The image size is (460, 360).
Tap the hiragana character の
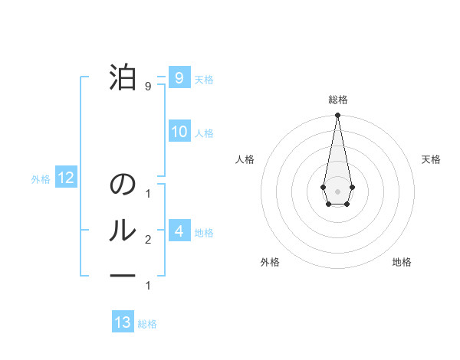[x=123, y=185]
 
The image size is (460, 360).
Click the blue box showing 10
[x=179, y=131]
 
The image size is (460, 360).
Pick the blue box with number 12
[x=65, y=178]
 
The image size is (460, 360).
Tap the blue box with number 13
[x=123, y=322]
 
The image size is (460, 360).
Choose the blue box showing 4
[x=179, y=231]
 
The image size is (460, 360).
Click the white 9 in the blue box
[x=179, y=77]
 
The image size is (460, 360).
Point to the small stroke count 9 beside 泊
[x=148, y=87]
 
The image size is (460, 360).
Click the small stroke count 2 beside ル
[x=148, y=240]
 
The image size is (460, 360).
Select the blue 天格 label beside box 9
[x=204, y=80]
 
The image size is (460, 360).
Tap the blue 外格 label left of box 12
[x=41, y=179]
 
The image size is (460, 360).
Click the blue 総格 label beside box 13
[x=147, y=324]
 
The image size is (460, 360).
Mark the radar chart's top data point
[x=337, y=115]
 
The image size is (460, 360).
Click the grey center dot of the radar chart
[x=337, y=191]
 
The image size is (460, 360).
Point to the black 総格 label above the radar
[x=337, y=100]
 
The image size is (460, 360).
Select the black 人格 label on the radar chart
[x=245, y=159]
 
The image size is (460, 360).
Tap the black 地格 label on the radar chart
[x=402, y=262]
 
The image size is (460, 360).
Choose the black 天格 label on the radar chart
[x=431, y=159]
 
